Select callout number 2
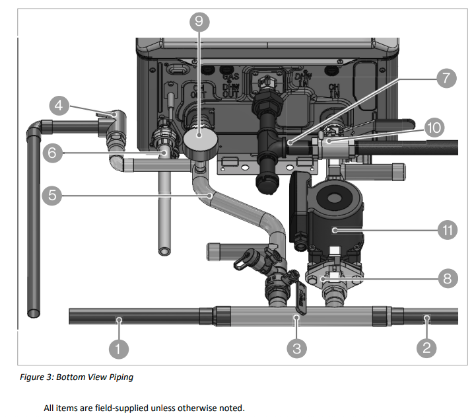pos(426,348)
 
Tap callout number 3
pos(297,348)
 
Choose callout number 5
pos(53,196)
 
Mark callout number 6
pos(53,153)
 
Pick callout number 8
pos(448,278)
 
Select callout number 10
pos(434,128)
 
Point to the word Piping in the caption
pos(117,377)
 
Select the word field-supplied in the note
pos(118,408)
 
